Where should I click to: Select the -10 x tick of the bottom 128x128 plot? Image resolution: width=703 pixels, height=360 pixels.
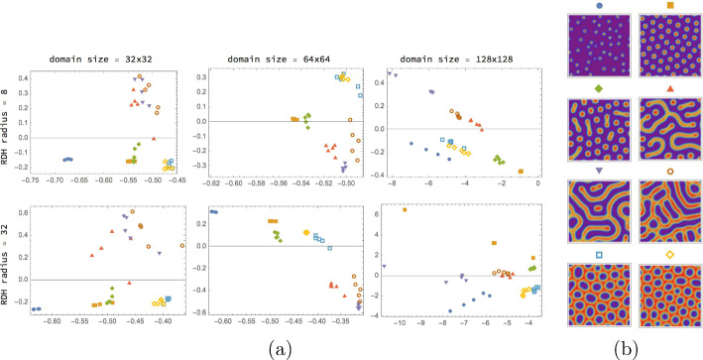point(401,322)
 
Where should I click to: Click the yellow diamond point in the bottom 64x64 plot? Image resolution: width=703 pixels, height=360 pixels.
point(306,232)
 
